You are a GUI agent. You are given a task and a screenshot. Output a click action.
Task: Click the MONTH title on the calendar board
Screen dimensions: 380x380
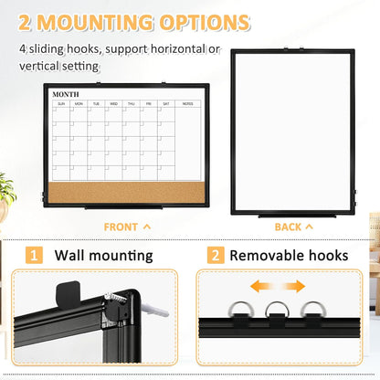[x=66, y=94]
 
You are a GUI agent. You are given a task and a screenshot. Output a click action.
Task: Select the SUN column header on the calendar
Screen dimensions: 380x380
[x=61, y=104]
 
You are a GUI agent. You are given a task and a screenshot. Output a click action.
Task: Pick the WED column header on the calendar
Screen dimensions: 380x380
[x=113, y=104]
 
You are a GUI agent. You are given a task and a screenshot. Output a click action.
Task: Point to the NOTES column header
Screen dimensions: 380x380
[x=187, y=104]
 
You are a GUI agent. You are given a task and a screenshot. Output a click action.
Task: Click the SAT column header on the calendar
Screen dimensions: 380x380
[x=165, y=104]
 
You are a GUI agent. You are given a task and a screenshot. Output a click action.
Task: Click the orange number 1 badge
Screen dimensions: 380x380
[x=33, y=256]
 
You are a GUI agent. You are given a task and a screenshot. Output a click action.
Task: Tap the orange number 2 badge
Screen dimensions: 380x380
[x=216, y=256]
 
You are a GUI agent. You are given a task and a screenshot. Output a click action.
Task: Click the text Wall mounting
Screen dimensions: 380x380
[x=104, y=256]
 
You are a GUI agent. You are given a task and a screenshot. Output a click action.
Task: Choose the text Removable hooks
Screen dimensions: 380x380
[x=289, y=256]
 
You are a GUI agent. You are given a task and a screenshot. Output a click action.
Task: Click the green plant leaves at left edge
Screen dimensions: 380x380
[x=6, y=189]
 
